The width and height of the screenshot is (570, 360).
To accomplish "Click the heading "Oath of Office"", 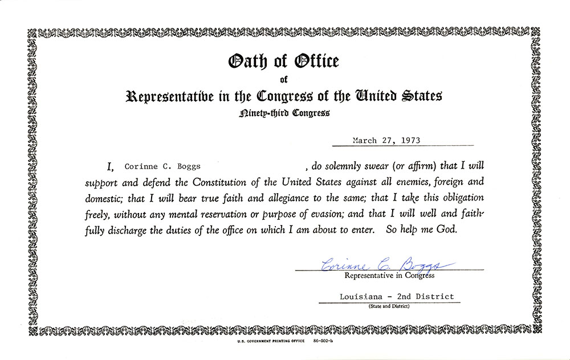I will pyautogui.click(x=284, y=61).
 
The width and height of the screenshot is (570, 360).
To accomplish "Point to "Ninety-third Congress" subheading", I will pyautogui.click(x=284, y=113).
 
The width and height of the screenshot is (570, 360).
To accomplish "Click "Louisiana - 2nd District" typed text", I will pyautogui.click(x=396, y=296).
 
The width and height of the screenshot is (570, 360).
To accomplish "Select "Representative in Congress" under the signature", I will pyautogui.click(x=389, y=276).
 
